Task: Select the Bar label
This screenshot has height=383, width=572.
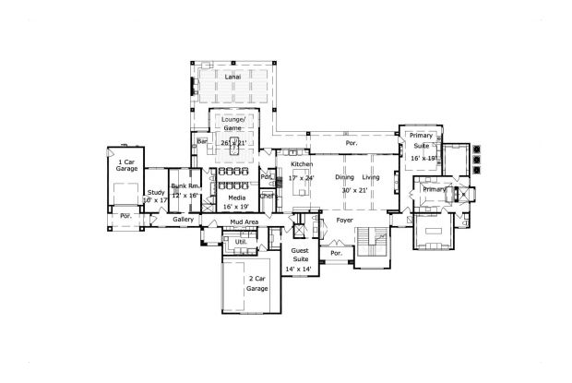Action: click(201, 140)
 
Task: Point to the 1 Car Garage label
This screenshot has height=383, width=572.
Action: click(126, 166)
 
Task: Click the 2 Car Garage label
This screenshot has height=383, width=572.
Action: click(256, 283)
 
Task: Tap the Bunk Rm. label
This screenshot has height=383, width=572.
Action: click(187, 188)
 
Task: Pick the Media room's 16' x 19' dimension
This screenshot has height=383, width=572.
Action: click(236, 208)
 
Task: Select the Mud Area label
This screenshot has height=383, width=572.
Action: click(244, 222)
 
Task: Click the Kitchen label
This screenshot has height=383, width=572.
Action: click(302, 163)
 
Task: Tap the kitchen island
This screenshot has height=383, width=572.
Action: click(303, 190)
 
